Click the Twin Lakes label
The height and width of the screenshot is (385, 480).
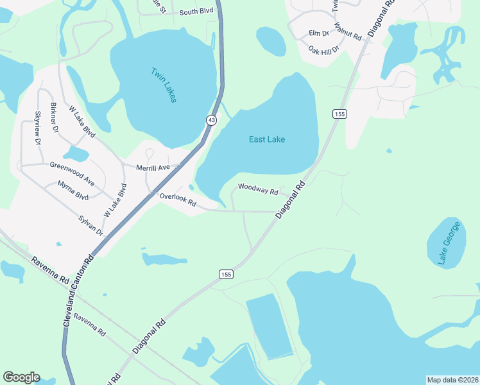click(164, 85)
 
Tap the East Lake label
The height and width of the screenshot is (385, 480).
click(267, 139)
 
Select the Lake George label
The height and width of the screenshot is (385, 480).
click(449, 243)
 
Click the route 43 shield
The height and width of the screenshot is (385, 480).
click(210, 120)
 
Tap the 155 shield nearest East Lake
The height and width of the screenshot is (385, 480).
click(339, 114)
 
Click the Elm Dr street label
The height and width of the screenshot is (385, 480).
click(318, 33)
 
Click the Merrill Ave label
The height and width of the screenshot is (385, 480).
click(153, 167)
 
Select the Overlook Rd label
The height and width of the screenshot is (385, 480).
click(178, 200)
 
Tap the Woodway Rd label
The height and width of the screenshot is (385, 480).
click(257, 189)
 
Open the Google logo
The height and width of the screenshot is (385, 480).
click(21, 377)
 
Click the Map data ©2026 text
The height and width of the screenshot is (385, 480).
click(452, 380)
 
